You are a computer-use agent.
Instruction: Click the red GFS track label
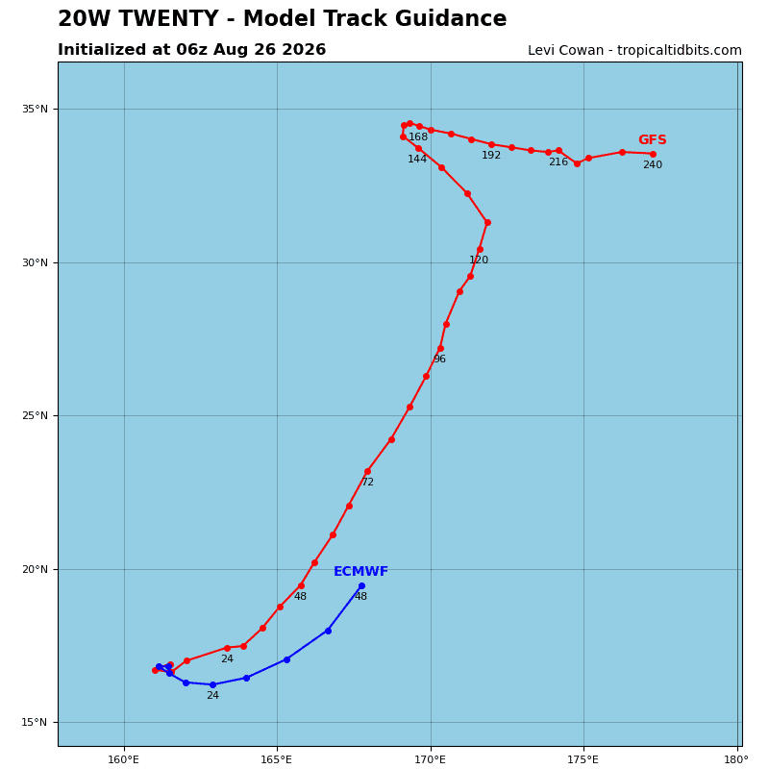click(653, 139)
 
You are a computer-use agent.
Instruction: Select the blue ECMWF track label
click(361, 571)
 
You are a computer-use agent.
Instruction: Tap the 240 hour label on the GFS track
click(653, 164)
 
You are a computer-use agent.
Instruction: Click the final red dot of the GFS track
click(654, 154)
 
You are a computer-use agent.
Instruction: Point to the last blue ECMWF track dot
click(362, 586)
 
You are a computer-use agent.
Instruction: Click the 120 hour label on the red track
click(479, 260)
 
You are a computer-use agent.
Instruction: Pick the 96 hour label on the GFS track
click(440, 359)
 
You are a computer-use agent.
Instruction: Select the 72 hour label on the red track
click(368, 483)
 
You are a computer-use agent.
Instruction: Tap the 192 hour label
click(491, 155)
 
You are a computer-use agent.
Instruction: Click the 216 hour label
click(558, 161)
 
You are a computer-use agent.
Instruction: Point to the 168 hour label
click(418, 136)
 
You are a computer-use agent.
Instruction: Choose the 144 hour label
click(417, 159)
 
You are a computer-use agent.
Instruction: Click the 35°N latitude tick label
click(35, 109)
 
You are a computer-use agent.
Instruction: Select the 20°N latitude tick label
click(35, 569)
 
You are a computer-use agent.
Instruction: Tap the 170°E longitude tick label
click(431, 759)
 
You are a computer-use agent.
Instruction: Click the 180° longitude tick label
click(736, 759)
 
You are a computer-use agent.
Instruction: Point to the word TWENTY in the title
click(169, 18)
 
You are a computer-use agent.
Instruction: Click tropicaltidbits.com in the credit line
click(680, 50)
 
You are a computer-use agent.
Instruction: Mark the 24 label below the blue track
click(212, 695)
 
